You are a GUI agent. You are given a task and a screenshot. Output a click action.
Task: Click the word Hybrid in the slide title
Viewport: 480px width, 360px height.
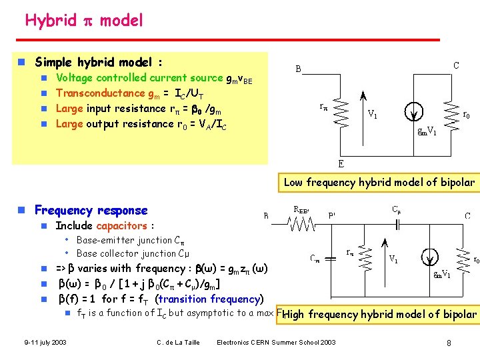tap(51, 20)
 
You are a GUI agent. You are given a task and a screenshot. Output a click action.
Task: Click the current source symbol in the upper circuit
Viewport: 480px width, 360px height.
tap(415, 112)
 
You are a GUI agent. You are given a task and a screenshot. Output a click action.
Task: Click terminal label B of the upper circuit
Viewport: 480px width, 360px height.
tap(298, 68)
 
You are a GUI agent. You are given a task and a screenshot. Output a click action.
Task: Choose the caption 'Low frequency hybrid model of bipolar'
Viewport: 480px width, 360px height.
tap(379, 182)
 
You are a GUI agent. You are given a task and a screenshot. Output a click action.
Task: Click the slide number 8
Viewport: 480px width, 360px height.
tap(449, 343)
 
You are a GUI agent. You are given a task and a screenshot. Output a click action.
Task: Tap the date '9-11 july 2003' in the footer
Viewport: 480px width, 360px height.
tap(45, 343)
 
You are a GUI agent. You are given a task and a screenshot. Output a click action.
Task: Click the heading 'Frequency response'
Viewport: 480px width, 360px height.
tap(91, 211)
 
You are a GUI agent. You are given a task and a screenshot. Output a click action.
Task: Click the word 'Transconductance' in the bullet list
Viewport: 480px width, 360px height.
tap(100, 93)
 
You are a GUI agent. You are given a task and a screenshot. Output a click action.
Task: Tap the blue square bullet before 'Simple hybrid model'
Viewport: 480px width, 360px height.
tap(21, 63)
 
